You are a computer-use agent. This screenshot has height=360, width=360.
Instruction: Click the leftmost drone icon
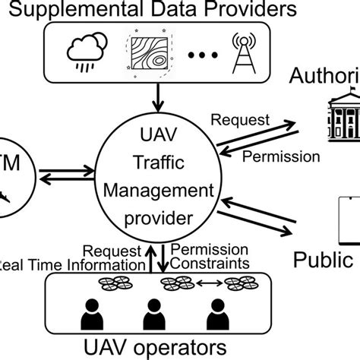[x=113, y=284]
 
